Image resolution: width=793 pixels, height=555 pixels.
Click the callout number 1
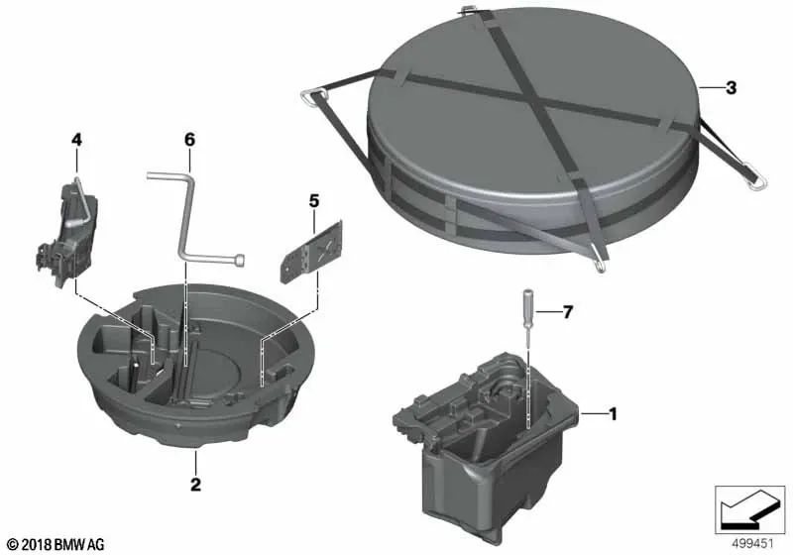point(613,414)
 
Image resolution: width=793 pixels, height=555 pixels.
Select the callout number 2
point(195,485)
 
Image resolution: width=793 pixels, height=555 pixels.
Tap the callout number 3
point(731,88)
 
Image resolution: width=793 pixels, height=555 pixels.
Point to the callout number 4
point(76,139)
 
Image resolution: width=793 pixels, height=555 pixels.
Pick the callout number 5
point(314,201)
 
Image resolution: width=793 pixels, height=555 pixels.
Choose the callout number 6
point(189,139)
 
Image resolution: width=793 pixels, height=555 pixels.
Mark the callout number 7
point(568,312)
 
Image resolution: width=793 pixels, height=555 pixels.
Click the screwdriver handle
point(527,299)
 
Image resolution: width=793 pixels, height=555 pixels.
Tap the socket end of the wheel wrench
point(241,260)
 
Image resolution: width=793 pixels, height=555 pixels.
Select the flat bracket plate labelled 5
point(311,252)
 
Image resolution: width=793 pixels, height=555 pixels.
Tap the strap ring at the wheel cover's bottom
point(601,265)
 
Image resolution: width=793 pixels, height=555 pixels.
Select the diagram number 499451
point(753,544)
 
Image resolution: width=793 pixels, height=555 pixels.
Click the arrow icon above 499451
point(750,509)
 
